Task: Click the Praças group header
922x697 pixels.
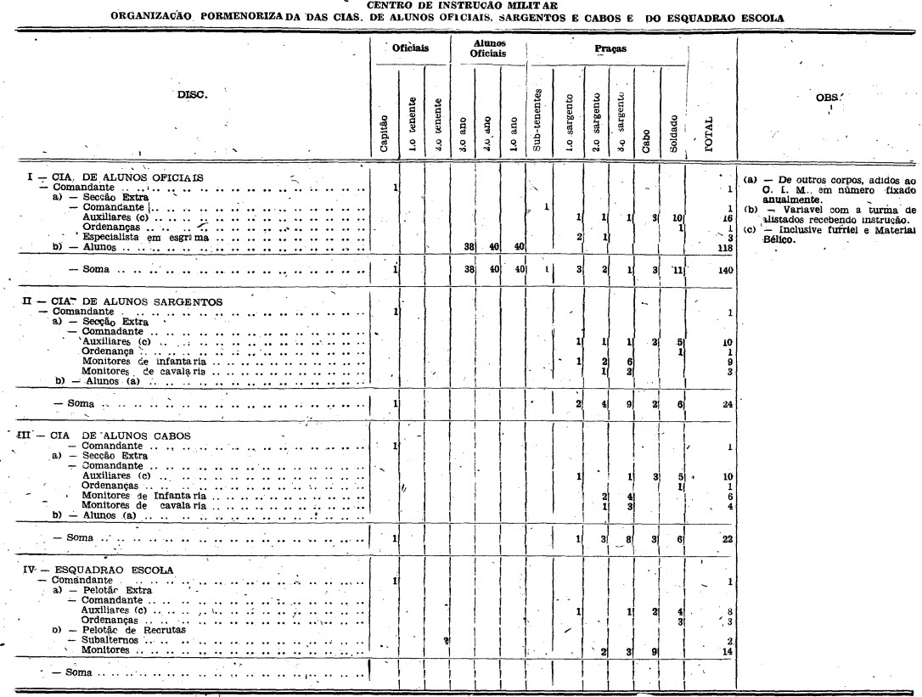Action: (x=610, y=49)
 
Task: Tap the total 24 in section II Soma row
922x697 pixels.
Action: (x=727, y=405)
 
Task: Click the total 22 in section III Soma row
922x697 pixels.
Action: (x=727, y=539)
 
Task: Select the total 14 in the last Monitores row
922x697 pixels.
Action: (x=727, y=651)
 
